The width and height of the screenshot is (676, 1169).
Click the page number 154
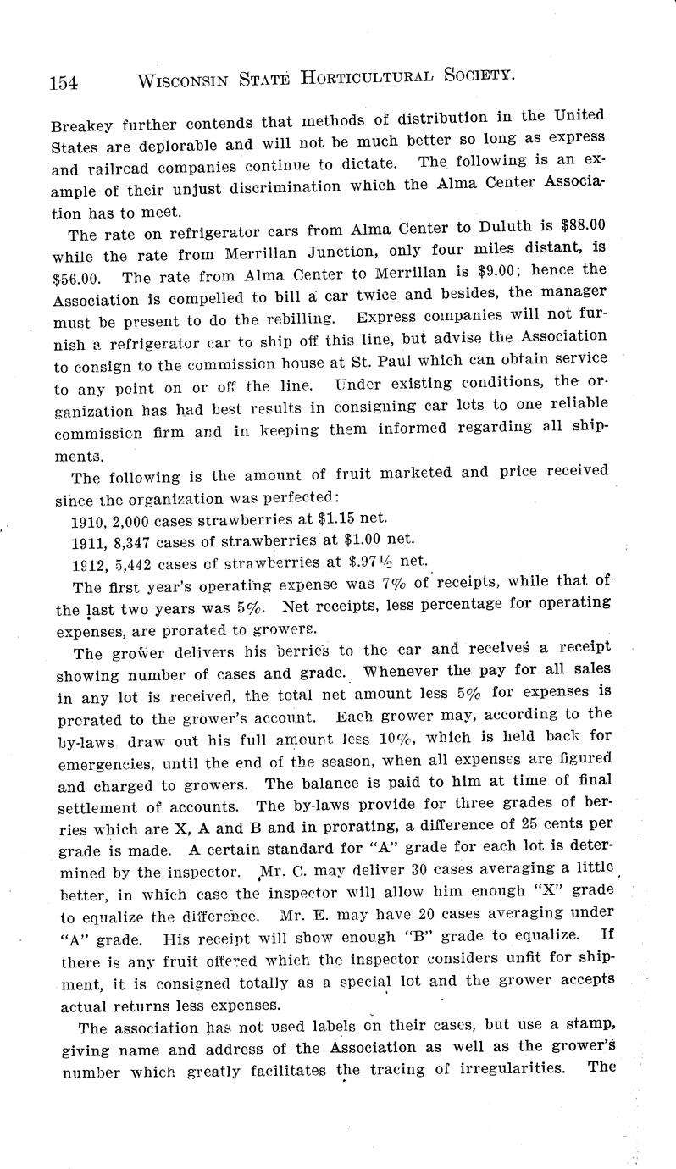tap(64, 81)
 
